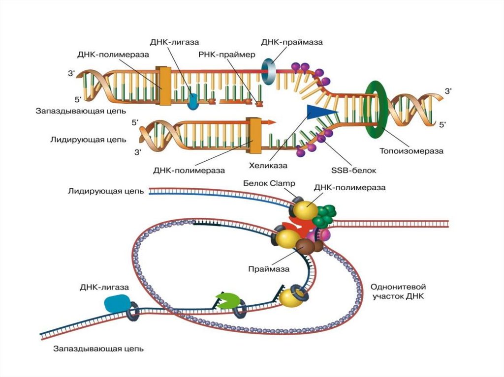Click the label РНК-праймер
point(227,55)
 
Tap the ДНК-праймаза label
point(292,42)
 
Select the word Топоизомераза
point(411,151)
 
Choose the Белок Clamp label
point(269,183)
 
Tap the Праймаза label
point(269,269)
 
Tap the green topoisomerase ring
point(376,109)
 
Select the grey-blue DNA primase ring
point(270,72)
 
